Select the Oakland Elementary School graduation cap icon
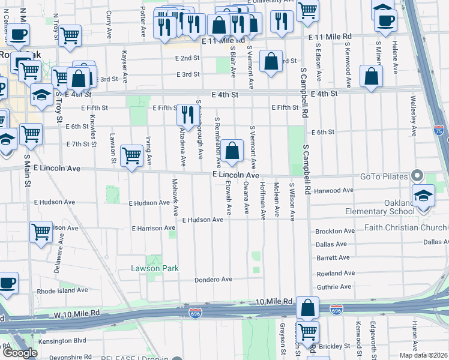423,196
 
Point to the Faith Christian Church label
406,227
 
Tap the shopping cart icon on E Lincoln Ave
132,155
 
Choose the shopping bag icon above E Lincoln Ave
232,151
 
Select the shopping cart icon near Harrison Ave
41,231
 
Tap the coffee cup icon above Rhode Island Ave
8,283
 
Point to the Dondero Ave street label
213,280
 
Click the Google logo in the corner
20,353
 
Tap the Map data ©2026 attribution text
424,355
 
